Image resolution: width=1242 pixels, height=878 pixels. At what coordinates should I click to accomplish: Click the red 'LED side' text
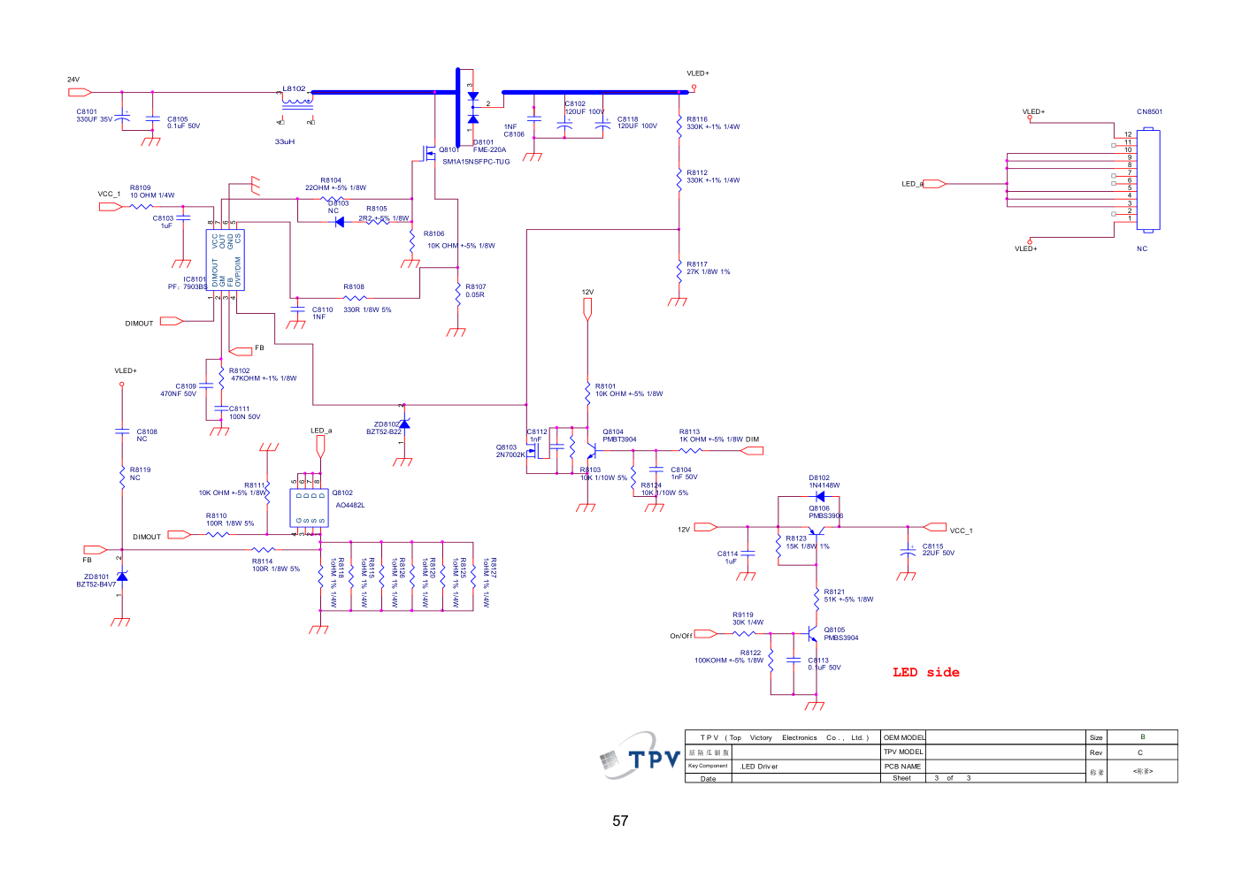(x=925, y=672)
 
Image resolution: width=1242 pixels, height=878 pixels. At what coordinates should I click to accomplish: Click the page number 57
(x=620, y=821)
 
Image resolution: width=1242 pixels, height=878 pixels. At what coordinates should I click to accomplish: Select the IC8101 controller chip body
(x=226, y=261)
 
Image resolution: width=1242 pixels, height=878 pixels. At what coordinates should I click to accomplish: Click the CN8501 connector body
(x=1148, y=179)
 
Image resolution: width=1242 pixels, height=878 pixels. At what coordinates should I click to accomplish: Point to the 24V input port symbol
(x=80, y=92)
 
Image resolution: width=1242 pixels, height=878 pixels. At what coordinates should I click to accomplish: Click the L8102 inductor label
(x=294, y=88)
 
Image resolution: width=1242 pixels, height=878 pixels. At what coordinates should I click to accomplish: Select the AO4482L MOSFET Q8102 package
(x=309, y=508)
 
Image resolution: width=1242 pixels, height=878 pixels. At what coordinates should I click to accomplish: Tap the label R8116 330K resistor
(x=697, y=119)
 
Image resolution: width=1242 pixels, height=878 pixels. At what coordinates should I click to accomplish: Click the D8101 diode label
(x=484, y=142)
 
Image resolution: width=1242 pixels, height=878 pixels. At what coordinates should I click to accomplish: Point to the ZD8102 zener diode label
(x=386, y=424)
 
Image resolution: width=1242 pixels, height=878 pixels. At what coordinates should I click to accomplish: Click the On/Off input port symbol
(x=705, y=634)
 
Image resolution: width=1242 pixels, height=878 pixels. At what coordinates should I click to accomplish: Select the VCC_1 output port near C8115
(x=935, y=528)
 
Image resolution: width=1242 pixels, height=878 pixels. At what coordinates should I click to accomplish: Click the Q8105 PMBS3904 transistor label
(x=834, y=630)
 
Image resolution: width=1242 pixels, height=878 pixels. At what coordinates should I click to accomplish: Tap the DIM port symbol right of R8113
(x=751, y=451)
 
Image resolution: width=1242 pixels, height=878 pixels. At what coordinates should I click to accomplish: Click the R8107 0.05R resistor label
(x=476, y=286)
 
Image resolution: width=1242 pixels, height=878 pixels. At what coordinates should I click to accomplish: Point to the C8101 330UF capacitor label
(x=87, y=112)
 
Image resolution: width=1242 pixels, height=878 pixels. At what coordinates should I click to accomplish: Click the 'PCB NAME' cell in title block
(x=902, y=767)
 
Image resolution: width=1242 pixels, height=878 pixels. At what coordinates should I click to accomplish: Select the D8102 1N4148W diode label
(x=819, y=478)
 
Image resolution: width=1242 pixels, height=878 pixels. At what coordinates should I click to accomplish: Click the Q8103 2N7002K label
(x=507, y=447)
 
